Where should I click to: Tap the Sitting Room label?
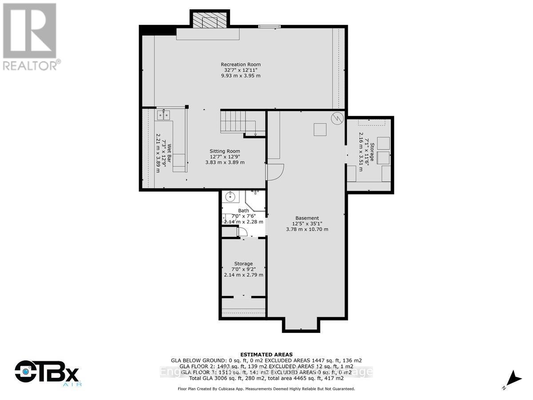point(225,151)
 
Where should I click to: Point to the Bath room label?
point(243,211)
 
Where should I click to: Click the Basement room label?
point(307,218)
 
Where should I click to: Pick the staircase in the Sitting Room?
point(233,121)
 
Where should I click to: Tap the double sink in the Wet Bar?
point(163,116)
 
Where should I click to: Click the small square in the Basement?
point(320,129)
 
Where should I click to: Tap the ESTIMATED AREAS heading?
point(266,354)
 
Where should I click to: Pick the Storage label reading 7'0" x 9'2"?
point(243,269)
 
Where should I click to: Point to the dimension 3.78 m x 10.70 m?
point(307,229)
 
